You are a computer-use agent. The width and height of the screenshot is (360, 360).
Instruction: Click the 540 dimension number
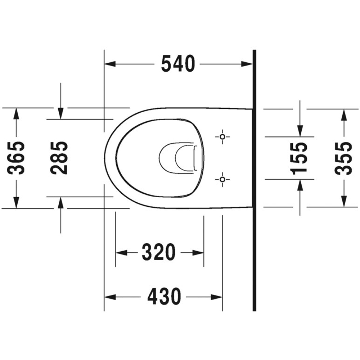click(178, 64)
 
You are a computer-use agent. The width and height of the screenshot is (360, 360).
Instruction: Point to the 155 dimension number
click(299, 158)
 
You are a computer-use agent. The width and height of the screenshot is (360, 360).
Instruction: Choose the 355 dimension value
click(343, 158)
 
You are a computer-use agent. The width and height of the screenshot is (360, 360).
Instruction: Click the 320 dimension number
click(158, 252)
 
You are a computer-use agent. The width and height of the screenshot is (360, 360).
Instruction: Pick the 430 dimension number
click(164, 297)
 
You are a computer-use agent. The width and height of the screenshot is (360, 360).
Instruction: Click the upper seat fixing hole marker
click(222, 137)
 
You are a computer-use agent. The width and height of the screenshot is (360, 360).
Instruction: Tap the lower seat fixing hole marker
click(222, 179)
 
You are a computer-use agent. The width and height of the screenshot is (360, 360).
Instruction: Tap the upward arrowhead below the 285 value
click(60, 203)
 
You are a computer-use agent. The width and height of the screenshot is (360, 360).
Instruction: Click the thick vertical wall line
click(254, 180)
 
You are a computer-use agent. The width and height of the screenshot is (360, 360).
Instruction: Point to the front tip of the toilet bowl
click(105, 158)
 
